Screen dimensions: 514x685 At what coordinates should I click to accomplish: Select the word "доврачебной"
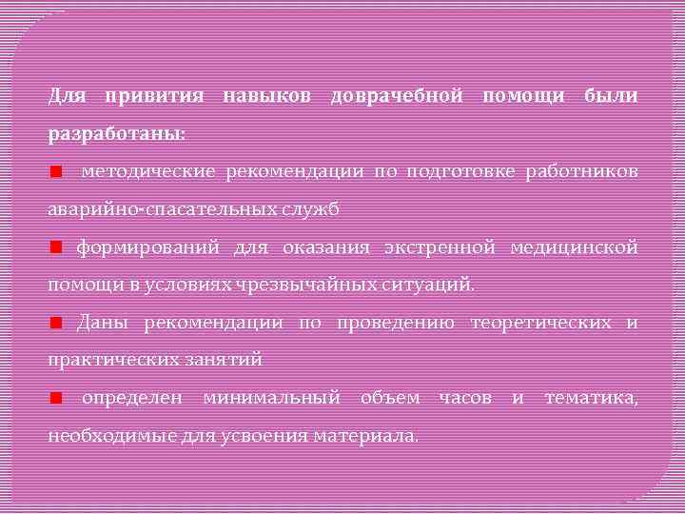(x=396, y=96)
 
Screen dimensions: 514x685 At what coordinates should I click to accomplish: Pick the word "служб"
(x=311, y=209)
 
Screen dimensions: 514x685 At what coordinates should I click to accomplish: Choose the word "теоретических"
(x=540, y=323)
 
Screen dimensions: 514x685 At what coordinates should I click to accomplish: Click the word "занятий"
(x=226, y=361)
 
